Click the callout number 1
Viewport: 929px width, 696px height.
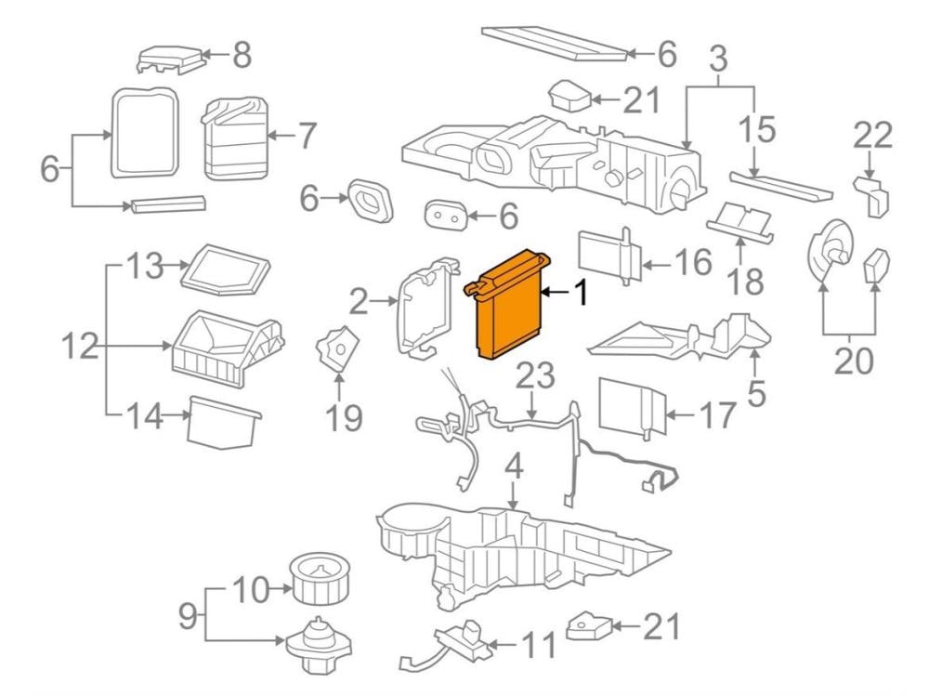581,295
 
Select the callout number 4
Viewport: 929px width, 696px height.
514,467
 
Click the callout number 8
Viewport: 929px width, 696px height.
242,55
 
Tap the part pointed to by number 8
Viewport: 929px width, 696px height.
170,59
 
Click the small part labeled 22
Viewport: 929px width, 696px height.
873,195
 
